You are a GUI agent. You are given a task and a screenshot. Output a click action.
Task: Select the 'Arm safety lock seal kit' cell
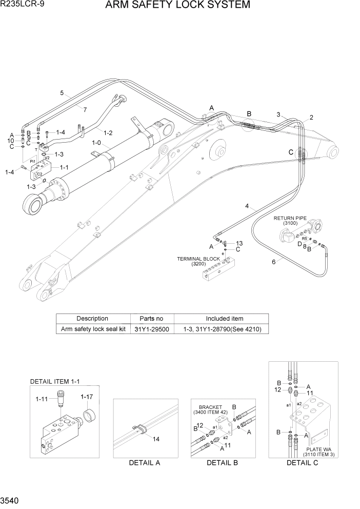(93, 329)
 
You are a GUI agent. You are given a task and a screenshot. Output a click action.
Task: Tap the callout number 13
(239, 243)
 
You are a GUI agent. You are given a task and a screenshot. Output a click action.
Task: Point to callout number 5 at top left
(62, 93)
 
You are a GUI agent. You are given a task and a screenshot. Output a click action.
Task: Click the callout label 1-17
(86, 396)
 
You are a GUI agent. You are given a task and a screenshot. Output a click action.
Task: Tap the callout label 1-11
(42, 398)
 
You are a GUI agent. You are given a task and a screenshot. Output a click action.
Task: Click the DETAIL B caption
(222, 462)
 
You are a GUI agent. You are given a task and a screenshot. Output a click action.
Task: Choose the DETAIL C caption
(303, 462)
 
